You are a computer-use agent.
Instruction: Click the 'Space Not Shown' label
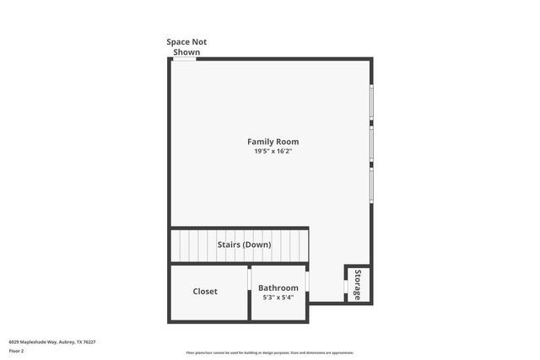186,46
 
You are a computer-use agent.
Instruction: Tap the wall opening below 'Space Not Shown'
185,59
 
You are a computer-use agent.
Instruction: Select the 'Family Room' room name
273,142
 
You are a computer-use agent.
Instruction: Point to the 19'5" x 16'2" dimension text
273,152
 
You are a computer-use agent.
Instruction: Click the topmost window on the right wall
370,105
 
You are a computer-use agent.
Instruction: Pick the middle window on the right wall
370,146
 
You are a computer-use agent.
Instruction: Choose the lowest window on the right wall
370,185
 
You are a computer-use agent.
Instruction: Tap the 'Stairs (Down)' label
244,244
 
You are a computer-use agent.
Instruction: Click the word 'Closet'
205,292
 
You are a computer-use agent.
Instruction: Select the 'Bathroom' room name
278,287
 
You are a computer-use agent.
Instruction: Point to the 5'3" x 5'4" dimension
278,298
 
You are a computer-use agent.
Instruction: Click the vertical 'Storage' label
358,284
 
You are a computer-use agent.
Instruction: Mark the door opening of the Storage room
346,286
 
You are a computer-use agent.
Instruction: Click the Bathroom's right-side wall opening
307,281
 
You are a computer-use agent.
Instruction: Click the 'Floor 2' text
17,350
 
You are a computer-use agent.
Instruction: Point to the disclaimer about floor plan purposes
269,353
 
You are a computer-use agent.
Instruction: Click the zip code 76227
90,342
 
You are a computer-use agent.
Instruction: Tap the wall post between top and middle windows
370,126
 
